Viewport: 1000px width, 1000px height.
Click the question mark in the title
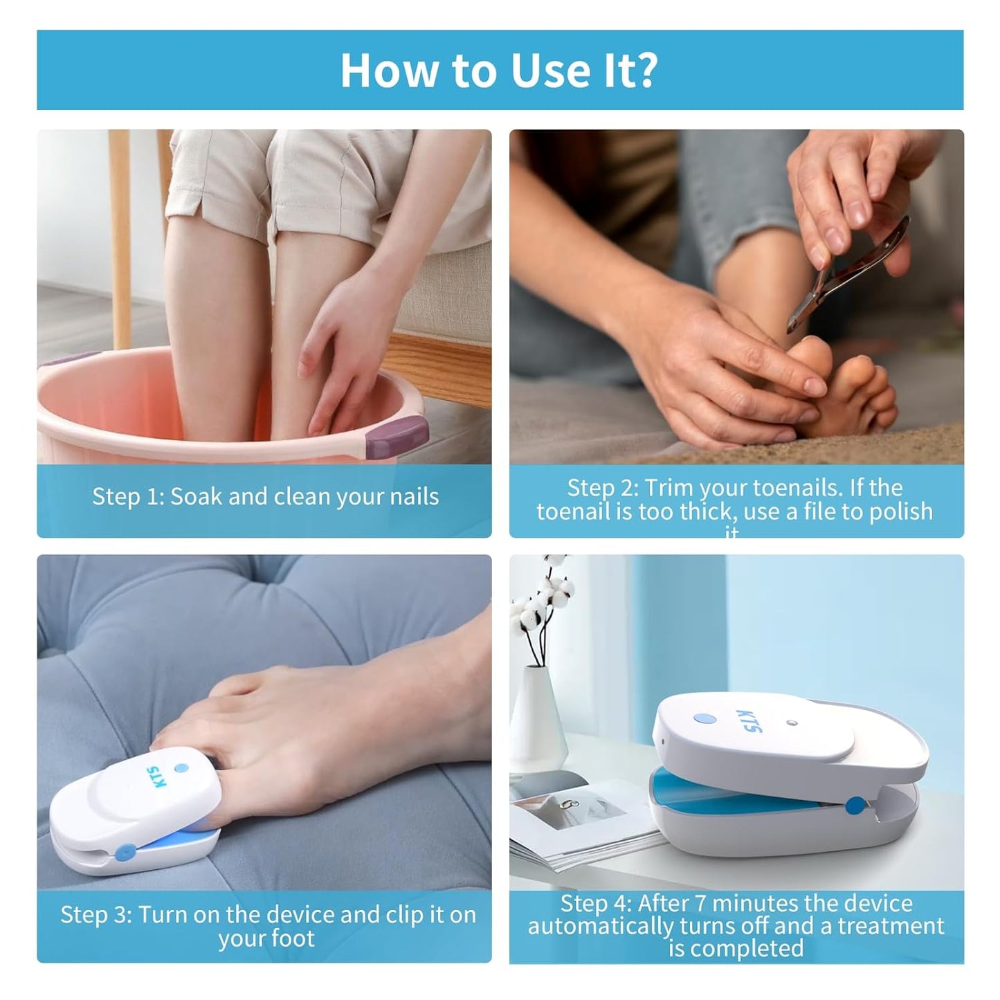tap(646, 70)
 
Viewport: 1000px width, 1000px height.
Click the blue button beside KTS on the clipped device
tap(181, 767)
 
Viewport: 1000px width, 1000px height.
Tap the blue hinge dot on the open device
tap(855, 804)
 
